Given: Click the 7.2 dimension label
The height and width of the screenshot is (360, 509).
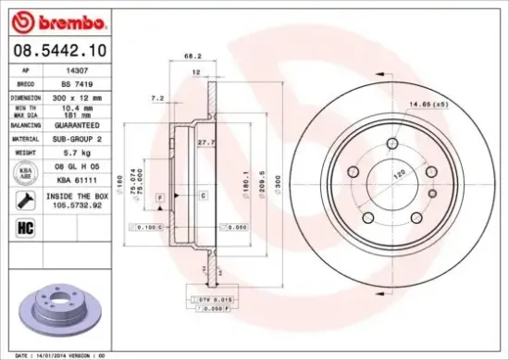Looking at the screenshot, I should point(156,97).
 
